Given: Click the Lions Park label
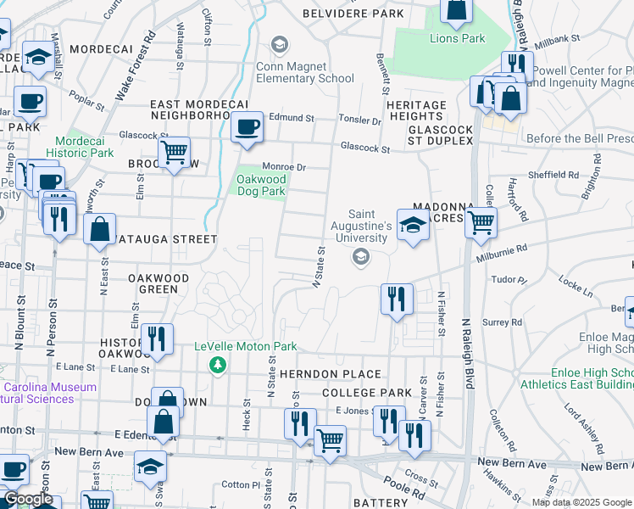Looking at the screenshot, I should pyautogui.click(x=457, y=38).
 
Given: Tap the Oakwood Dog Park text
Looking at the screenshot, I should pyautogui.click(x=261, y=186).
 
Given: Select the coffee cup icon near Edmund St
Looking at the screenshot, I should pyautogui.click(x=247, y=127).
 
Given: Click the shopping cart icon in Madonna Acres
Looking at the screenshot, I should pyautogui.click(x=481, y=222).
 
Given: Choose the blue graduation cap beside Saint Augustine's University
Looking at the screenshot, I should pyautogui.click(x=413, y=226).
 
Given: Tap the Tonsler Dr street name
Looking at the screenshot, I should pyautogui.click(x=361, y=120).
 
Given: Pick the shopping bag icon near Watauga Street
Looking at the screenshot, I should pyautogui.click(x=100, y=229).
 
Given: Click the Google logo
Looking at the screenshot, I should pyautogui.click(x=28, y=500).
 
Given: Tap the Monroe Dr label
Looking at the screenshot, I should pyautogui.click(x=283, y=167).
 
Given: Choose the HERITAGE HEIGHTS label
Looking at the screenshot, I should pyautogui.click(x=416, y=111).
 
